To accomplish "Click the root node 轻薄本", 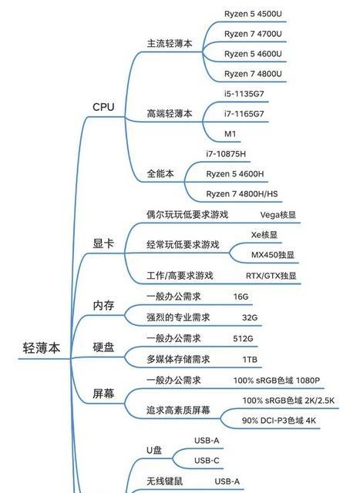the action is (41, 347).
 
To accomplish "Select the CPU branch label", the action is (103, 107).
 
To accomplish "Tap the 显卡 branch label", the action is (103, 243).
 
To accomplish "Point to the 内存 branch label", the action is (103, 305).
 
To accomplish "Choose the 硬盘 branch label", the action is (103, 347).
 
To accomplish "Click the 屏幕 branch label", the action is (103, 394).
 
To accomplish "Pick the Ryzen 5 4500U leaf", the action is (253, 14).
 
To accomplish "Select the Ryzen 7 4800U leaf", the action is (253, 74).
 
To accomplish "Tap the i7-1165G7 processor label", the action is (244, 114).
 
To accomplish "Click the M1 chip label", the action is (230, 134).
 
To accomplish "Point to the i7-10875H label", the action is (226, 154).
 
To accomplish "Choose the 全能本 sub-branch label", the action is (160, 173).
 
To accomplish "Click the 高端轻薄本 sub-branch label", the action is (170, 113).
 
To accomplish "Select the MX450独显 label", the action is (273, 255).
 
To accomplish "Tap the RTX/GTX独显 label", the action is (271, 276).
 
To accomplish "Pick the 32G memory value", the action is (250, 317).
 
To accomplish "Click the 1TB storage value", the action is (250, 360).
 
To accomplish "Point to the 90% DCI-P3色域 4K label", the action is (279, 421).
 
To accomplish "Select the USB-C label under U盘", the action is (207, 461).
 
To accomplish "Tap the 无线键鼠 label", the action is (164, 481).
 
